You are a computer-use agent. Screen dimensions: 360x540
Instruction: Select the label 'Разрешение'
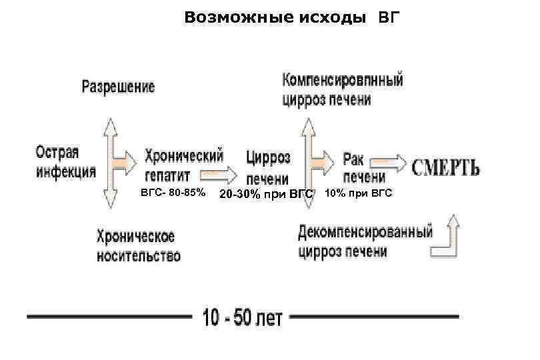[x=118, y=87]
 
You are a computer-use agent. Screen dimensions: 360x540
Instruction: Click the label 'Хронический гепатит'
[x=183, y=165]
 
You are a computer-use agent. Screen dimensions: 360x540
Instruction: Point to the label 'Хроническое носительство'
[x=138, y=246]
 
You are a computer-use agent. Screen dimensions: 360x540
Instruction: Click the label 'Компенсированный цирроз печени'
[x=343, y=89]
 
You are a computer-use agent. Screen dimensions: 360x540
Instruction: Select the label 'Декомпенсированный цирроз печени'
[x=365, y=241]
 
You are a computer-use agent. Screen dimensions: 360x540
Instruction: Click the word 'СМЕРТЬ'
[x=445, y=166]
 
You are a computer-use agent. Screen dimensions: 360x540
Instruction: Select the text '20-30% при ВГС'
[x=266, y=195]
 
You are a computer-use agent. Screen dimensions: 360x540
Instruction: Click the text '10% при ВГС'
[x=359, y=193]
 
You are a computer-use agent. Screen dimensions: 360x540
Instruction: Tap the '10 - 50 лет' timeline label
[x=242, y=318]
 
